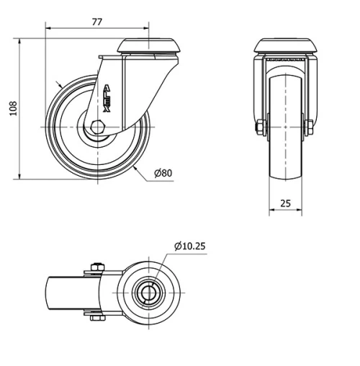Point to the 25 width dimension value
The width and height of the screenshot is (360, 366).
[x=285, y=204]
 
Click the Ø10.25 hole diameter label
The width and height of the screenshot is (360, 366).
[x=189, y=246]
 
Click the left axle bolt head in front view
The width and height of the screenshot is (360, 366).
[x=259, y=128]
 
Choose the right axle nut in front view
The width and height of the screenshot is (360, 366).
[x=310, y=128]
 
